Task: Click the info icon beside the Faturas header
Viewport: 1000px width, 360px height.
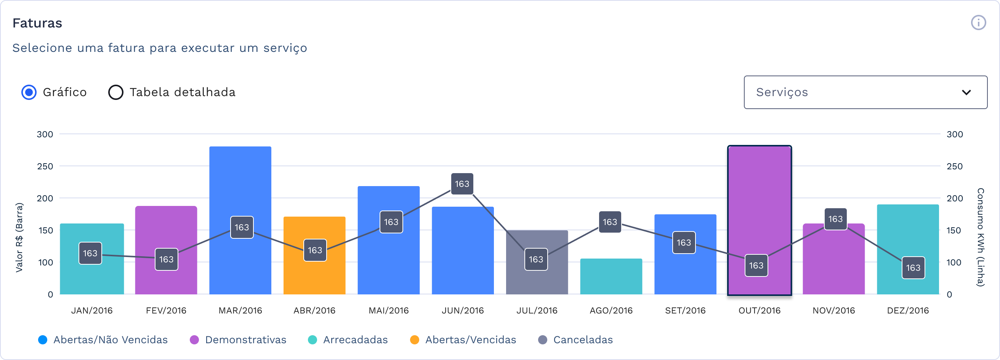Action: tap(978, 22)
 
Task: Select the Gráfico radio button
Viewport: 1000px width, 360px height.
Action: tap(29, 92)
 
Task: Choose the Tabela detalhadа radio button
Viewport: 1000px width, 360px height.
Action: tap(116, 92)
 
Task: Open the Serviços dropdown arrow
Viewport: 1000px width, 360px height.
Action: tap(966, 92)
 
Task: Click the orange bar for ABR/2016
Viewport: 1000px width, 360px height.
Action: tap(314, 233)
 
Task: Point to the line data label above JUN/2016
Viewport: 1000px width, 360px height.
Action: tap(462, 184)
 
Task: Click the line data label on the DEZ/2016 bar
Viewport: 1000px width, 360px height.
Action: tap(913, 268)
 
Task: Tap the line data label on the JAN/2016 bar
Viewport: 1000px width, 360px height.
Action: tap(90, 253)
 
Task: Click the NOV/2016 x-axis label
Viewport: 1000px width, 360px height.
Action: tap(833, 311)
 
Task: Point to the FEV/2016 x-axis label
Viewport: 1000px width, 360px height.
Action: tap(166, 311)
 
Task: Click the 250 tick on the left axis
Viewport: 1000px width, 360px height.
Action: tap(45, 166)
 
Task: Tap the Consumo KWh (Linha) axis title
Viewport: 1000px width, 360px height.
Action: tap(981, 237)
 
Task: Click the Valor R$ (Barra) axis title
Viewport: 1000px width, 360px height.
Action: tap(19, 237)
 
